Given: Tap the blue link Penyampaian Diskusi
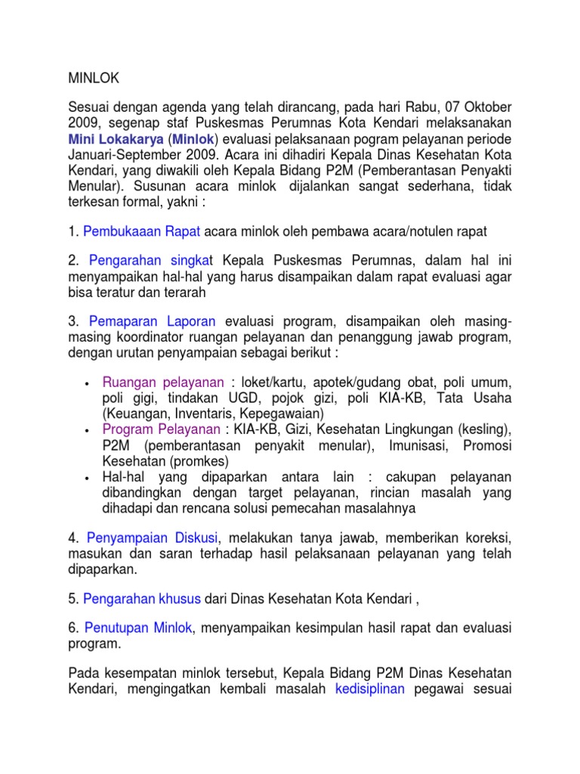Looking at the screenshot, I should (152, 537).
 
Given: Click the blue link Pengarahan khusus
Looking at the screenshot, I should (142, 599).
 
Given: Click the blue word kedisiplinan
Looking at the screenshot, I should (370, 689).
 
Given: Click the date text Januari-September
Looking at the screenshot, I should (121, 156).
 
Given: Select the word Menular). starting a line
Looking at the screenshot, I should (94, 187).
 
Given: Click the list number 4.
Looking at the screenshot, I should (73, 537).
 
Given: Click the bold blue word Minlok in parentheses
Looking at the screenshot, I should (193, 140).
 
